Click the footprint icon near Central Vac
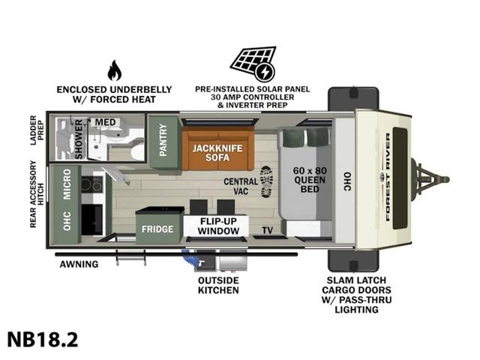tap(267, 181)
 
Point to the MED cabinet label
tap(104, 122)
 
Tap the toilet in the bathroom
tap(136, 151)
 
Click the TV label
tap(266, 230)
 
